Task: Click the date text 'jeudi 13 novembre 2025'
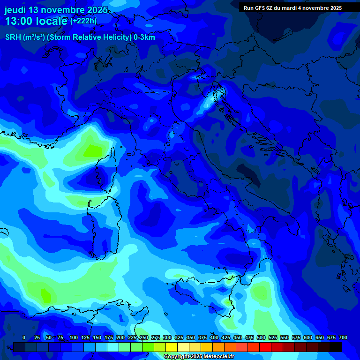56,10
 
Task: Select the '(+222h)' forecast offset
83,21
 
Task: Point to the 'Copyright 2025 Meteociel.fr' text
199,357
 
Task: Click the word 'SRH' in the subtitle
13,37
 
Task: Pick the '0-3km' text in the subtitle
144,37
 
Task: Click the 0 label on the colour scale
24,337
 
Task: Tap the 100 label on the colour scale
74,337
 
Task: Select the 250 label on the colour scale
144,337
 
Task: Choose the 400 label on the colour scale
214,337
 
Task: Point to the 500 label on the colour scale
261,337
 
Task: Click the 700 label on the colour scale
343,337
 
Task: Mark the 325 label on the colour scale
179,337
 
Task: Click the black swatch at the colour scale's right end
336,347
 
